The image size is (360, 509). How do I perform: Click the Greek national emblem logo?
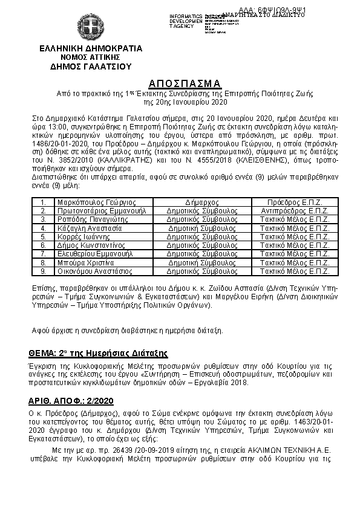point(90,28)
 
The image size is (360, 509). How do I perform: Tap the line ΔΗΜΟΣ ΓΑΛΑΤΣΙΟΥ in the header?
point(90,66)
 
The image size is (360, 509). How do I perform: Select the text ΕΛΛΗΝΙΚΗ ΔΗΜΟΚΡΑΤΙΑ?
point(90,48)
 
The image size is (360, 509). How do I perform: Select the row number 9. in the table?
point(44,272)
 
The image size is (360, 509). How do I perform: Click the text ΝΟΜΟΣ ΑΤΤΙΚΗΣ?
point(90,57)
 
